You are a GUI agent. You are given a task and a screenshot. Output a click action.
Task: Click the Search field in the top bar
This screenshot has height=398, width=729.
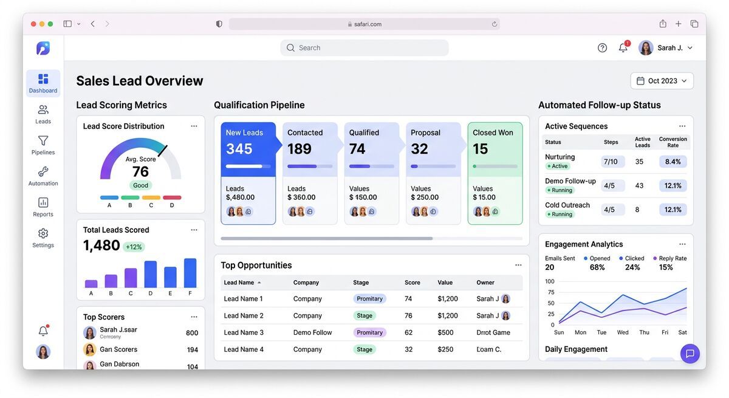tap(364, 47)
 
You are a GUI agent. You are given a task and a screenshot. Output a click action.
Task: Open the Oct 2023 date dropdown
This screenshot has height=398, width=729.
tap(662, 81)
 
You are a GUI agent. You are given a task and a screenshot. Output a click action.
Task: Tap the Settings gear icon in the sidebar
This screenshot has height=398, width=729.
tap(43, 233)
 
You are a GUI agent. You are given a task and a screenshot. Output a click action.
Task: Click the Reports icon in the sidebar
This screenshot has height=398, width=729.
tap(43, 202)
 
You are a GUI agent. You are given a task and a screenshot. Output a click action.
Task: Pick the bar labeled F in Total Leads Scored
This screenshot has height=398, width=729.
tap(190, 273)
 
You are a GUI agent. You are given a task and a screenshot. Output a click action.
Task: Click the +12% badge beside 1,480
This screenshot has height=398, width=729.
tap(134, 247)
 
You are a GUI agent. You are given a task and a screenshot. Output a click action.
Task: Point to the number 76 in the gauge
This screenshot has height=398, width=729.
tap(140, 172)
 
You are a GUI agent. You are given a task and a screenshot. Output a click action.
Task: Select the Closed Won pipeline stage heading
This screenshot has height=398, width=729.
tap(493, 132)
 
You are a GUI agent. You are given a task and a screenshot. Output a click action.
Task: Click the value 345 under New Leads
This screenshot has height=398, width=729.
tap(239, 149)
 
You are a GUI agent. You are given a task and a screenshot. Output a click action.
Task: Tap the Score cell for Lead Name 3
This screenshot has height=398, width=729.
tap(409, 332)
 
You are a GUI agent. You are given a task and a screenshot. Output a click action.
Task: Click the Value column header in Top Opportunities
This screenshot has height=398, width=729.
tap(445, 283)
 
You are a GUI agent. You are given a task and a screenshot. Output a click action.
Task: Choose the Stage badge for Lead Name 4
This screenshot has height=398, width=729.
tap(364, 349)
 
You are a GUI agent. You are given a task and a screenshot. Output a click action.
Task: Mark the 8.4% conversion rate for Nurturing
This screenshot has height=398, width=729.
tap(673, 162)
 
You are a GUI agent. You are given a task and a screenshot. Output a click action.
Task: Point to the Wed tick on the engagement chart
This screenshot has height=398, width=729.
tap(623, 332)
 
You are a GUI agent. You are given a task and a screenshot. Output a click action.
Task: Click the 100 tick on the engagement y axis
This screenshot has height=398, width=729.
tap(550, 281)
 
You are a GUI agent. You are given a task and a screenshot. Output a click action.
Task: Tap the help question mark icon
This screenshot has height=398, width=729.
tap(602, 47)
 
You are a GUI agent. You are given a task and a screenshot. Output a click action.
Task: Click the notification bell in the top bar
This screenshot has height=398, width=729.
tap(623, 47)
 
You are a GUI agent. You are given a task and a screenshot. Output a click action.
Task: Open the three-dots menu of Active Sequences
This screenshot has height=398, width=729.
tap(682, 126)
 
